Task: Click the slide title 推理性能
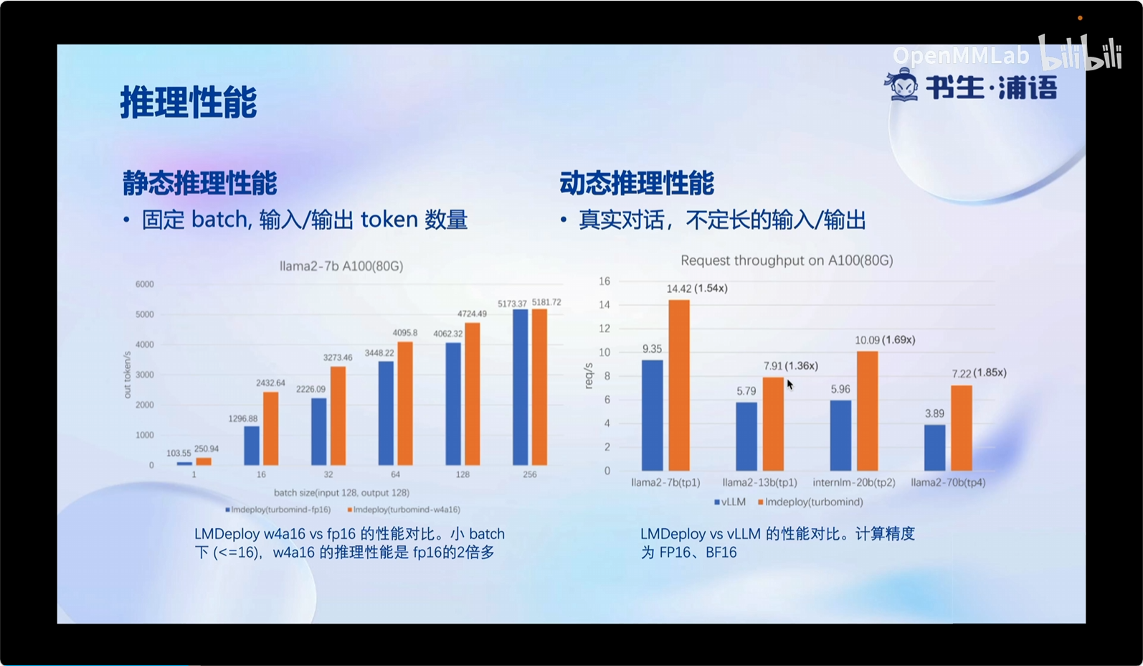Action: pos(189,102)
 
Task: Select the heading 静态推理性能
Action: pos(199,183)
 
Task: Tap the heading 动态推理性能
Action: pos(637,183)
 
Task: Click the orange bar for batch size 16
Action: pos(271,428)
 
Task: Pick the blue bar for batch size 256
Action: pos(521,387)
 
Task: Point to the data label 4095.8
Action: pos(404,333)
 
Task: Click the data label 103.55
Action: pos(179,453)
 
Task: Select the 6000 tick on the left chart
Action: pos(144,284)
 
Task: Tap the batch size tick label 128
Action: pos(463,474)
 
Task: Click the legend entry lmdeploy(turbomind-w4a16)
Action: pos(404,510)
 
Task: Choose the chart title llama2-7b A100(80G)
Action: pos(341,266)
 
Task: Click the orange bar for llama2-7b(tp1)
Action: pos(679,385)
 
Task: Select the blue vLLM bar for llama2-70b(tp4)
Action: pos(935,447)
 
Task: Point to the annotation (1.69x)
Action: pos(898,339)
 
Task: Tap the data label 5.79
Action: pos(746,391)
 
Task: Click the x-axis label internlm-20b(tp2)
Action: pos(854,483)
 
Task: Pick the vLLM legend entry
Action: pos(730,502)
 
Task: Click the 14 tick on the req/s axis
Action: pos(604,305)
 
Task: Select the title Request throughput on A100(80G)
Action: pos(787,261)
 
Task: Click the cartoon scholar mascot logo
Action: pos(902,85)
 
